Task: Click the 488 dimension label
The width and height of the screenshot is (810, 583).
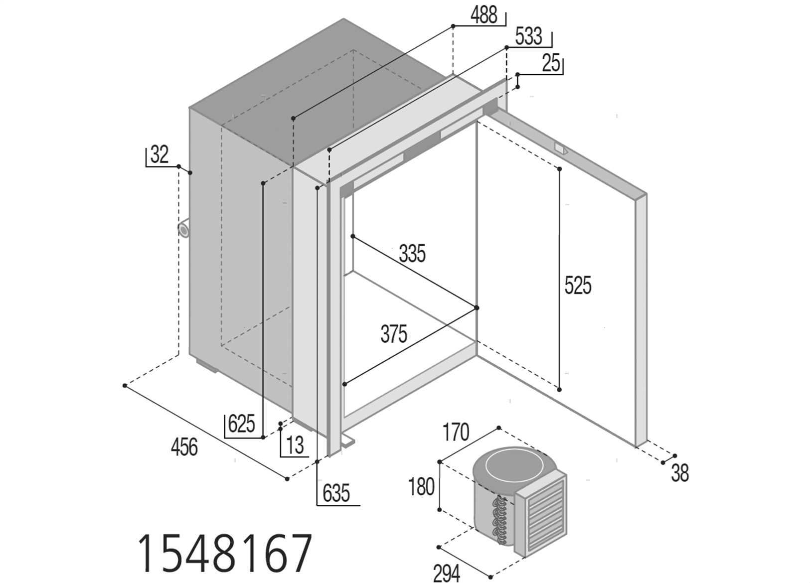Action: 484,16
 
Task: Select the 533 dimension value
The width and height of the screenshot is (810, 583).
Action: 529,36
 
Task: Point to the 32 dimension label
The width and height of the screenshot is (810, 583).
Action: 160,154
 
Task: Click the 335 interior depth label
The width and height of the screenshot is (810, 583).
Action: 412,253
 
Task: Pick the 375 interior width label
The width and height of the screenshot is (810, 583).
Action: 394,334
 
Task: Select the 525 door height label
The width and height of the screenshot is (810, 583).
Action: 578,285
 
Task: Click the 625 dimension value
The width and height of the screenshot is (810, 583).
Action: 242,424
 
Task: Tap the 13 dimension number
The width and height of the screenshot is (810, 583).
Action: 295,445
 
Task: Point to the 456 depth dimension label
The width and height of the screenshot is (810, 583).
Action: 184,447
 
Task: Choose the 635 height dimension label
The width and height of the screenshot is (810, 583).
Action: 336,493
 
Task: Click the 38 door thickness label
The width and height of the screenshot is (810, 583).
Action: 680,473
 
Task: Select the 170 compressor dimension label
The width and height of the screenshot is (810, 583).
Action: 456,432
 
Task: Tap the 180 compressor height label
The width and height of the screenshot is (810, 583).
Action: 421,487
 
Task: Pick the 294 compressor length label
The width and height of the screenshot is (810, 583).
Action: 447,573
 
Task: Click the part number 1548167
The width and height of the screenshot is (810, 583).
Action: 225,554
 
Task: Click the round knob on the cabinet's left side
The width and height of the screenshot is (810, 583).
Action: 183,229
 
